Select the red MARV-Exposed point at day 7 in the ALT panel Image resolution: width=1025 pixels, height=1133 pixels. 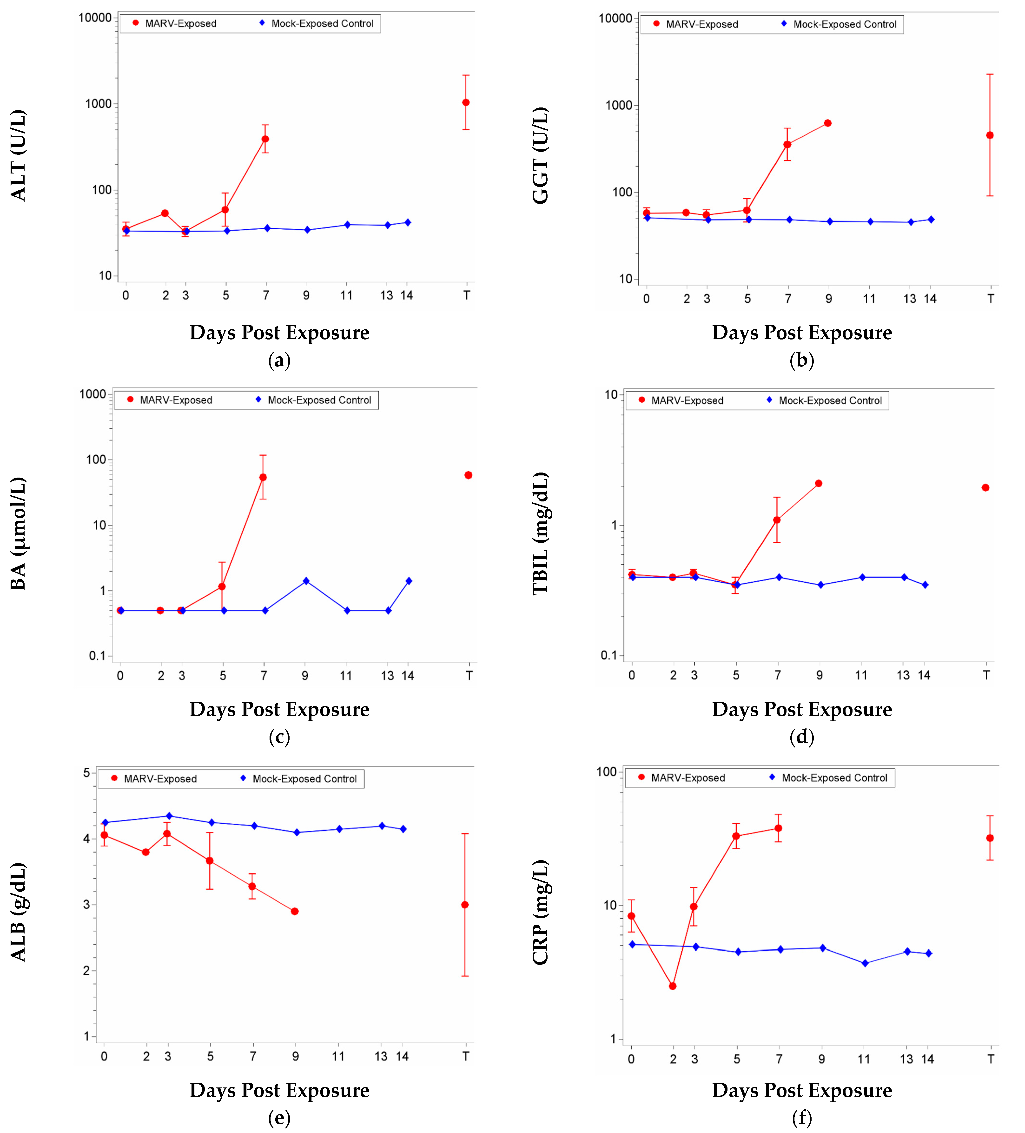[265, 139]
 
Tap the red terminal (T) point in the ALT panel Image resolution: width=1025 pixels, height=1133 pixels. [466, 102]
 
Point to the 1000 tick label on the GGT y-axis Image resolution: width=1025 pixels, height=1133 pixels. [618, 106]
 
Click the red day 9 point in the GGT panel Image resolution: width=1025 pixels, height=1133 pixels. [828, 123]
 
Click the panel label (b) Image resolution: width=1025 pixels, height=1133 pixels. [801, 360]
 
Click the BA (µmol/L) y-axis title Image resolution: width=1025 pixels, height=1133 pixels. [18, 533]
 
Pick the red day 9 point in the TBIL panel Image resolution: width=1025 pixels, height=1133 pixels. [819, 483]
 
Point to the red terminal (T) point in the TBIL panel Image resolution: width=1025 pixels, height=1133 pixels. [986, 487]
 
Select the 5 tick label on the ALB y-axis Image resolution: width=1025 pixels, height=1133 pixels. [86, 773]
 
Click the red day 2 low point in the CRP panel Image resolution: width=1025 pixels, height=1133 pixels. [673, 986]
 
